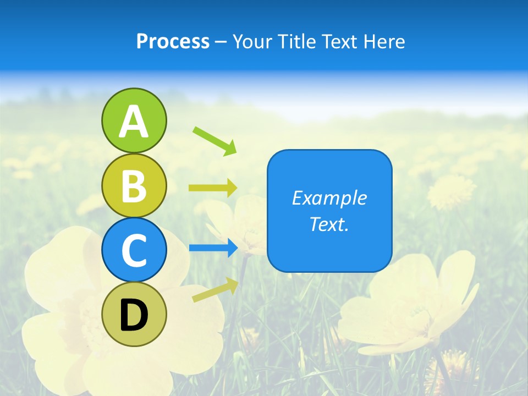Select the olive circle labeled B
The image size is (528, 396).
pyautogui.click(x=134, y=185)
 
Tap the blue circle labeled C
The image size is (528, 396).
pyautogui.click(x=134, y=250)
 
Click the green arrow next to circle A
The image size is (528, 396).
pyautogui.click(x=215, y=141)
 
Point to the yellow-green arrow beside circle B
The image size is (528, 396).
pyautogui.click(x=213, y=188)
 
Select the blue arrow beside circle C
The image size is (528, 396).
pyautogui.click(x=213, y=248)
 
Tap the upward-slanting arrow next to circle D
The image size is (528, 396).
pyautogui.click(x=215, y=290)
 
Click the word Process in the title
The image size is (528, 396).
pyautogui.click(x=173, y=42)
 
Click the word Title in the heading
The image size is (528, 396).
pyautogui.click(x=298, y=42)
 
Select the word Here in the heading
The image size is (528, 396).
pyautogui.click(x=384, y=42)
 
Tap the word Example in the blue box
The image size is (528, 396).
pyautogui.click(x=329, y=198)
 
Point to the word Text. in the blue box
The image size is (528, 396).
pyautogui.click(x=329, y=224)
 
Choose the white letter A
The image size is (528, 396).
pyautogui.click(x=134, y=122)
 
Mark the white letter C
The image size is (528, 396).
pyautogui.click(x=134, y=250)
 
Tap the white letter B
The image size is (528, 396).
pyautogui.click(x=134, y=185)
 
